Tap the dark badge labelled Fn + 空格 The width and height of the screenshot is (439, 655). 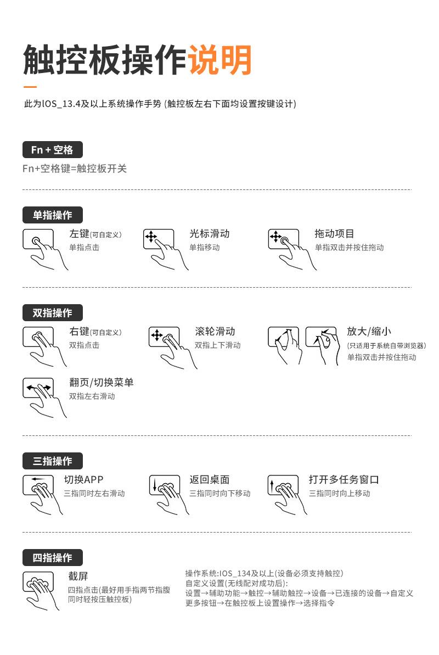click(52, 150)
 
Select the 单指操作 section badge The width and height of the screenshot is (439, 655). click(52, 215)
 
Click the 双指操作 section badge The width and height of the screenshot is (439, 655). click(52, 313)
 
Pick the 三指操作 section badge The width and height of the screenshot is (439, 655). click(52, 461)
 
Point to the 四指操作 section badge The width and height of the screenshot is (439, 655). click(52, 558)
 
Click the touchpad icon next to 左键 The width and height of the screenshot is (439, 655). click(42, 247)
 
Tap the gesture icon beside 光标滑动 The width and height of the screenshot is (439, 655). click(162, 247)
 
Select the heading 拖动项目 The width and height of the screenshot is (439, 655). click(334, 234)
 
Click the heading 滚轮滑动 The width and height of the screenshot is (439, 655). click(215, 332)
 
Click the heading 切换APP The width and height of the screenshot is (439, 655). click(83, 480)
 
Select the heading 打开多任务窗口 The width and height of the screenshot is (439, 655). click(344, 480)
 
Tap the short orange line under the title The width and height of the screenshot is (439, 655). click(30, 87)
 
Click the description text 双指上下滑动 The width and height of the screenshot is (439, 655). click(218, 345)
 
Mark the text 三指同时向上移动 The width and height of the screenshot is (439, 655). click(339, 494)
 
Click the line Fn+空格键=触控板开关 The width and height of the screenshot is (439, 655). click(75, 169)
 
